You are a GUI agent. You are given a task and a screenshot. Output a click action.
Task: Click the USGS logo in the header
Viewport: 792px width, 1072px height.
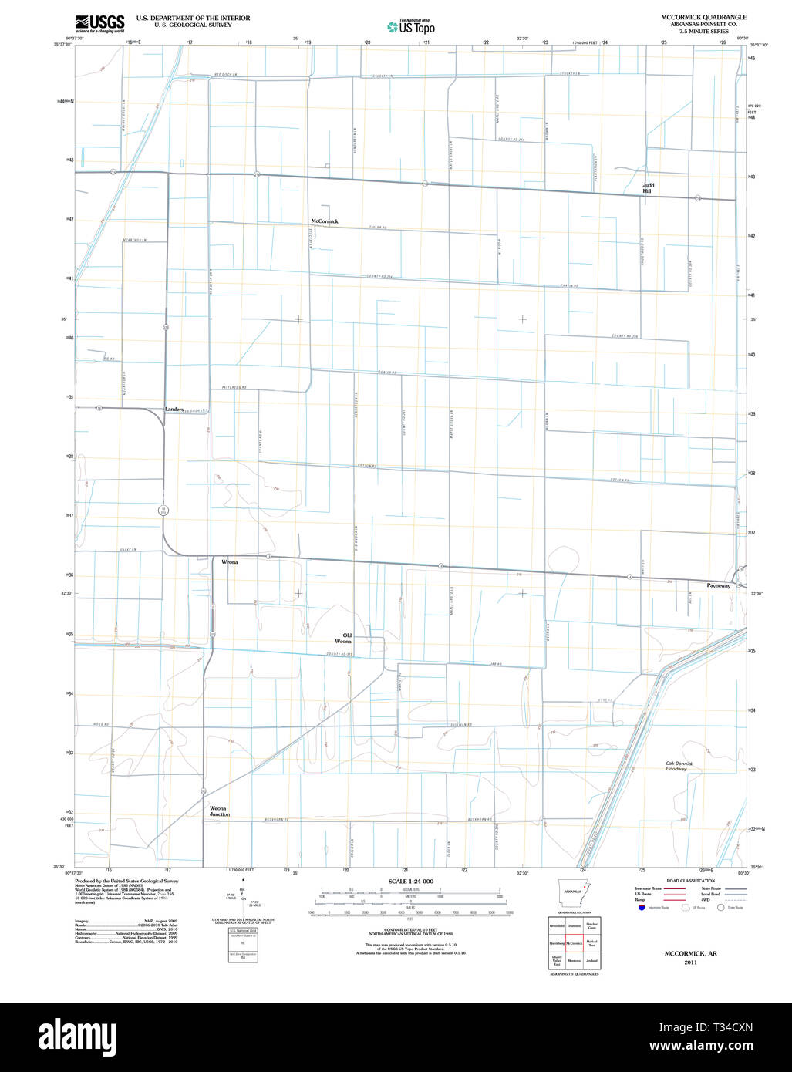[99, 23]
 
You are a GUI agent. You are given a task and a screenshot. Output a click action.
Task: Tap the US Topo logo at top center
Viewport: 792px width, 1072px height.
[411, 27]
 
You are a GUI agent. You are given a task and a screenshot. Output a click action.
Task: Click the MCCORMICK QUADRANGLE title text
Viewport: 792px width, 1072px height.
[703, 17]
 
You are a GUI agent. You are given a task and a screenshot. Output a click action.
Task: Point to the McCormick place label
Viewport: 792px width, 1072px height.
[325, 221]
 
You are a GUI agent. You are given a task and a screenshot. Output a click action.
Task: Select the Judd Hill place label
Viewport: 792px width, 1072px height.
[649, 188]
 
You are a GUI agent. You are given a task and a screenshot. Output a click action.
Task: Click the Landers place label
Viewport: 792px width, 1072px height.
[174, 409]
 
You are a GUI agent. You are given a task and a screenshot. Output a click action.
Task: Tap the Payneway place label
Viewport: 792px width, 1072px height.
[718, 586]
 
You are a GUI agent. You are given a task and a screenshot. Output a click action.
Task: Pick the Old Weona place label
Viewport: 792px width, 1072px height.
[343, 639]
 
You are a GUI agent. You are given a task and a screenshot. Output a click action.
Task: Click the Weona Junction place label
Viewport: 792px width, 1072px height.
[220, 811]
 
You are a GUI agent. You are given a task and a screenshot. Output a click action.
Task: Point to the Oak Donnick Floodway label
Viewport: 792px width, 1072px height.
[680, 766]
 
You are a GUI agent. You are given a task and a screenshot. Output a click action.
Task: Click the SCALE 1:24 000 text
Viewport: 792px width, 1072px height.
[411, 882]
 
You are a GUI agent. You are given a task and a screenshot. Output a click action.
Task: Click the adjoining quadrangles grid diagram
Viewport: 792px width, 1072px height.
[575, 942]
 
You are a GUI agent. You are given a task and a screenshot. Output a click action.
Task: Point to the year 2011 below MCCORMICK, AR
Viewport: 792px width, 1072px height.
[690, 962]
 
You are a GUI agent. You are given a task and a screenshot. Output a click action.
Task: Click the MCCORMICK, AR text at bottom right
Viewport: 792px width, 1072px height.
[690, 954]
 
